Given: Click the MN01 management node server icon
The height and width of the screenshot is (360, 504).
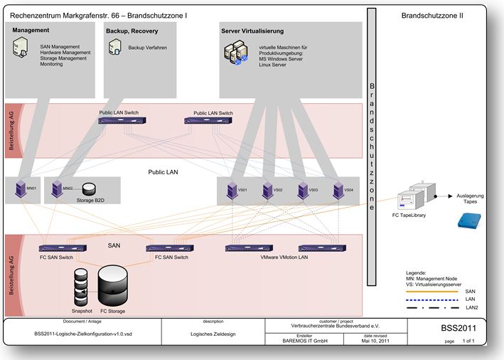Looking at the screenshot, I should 20,189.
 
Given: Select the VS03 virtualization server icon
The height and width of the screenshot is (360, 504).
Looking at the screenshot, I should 303,191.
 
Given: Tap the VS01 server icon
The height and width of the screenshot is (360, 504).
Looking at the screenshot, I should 230,191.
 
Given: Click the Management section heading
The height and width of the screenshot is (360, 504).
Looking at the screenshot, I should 31,31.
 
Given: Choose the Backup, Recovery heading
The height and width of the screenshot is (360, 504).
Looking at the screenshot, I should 132,31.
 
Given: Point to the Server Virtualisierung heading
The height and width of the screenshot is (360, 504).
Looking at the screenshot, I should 252,31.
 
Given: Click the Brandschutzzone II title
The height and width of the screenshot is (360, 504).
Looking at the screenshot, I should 432,14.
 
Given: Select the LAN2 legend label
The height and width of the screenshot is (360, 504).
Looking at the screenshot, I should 470,307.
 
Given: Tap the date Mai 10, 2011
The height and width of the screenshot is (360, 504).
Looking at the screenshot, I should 375,342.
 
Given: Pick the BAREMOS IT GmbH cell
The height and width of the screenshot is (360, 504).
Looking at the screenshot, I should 304,342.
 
